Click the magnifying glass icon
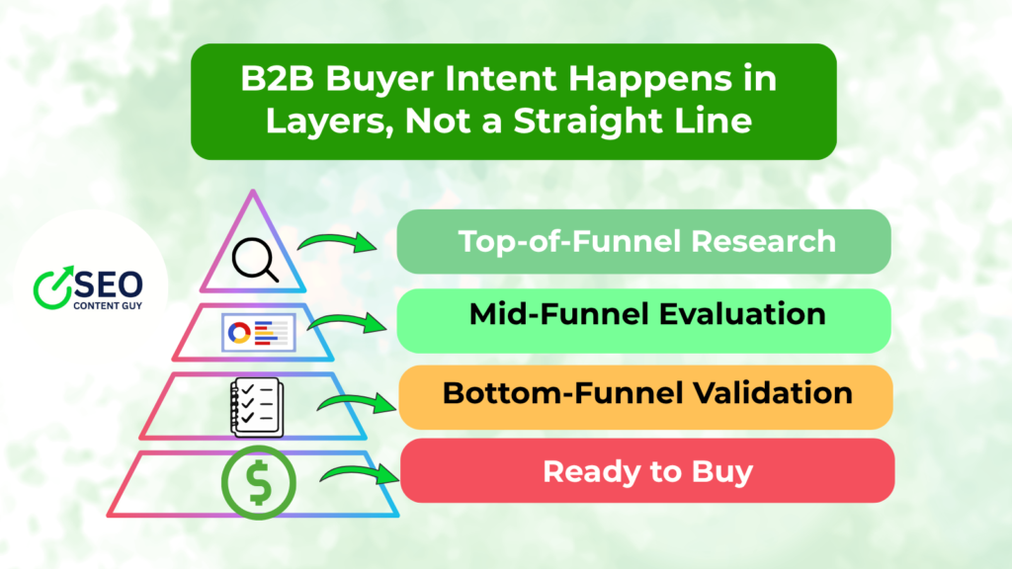point(255,260)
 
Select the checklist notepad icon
point(254,407)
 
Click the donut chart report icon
point(255,333)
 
